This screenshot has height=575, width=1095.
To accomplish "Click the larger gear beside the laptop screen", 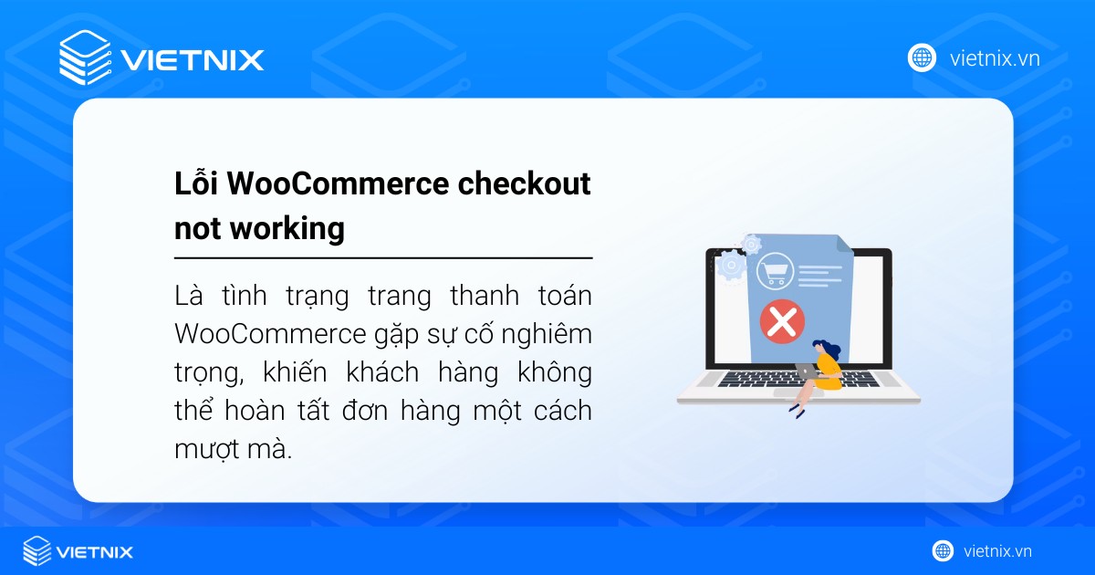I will (731, 266).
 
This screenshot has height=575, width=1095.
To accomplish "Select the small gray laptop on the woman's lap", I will (807, 371).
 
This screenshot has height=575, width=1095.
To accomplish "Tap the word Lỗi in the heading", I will (196, 183).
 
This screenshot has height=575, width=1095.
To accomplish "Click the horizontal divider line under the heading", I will (383, 258).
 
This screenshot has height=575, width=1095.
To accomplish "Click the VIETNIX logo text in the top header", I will (192, 60).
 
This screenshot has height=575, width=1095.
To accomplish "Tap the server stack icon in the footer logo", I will (37, 551).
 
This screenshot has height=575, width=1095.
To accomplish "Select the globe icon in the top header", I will (922, 57).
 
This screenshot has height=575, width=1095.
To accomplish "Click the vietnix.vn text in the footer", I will (997, 551).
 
